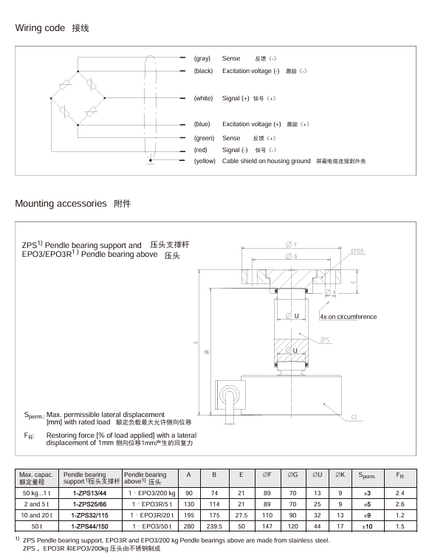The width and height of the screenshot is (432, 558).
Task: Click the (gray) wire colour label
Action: tap(202, 58)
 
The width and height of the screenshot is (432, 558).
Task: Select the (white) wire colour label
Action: tap(203, 98)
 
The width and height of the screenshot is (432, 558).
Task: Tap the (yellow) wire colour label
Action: tap(205, 161)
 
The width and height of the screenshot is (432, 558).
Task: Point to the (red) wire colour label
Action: tap(200, 150)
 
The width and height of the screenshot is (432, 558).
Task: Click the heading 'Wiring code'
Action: tap(40, 28)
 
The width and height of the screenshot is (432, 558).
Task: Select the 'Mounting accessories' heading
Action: tap(61, 204)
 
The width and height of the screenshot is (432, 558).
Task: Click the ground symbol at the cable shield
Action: tap(151, 161)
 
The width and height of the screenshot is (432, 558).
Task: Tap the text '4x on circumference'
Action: tap(348, 317)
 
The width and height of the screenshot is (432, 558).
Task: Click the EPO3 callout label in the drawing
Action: tap(357, 251)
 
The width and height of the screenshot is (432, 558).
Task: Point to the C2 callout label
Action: tap(354, 417)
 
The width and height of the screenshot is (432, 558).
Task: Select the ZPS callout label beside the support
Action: tap(325, 340)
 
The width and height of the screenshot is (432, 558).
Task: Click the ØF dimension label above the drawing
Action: tap(292, 244)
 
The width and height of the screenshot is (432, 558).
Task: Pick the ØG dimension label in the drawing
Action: tap(292, 256)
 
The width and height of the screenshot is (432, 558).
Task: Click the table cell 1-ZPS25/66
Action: tap(90, 504)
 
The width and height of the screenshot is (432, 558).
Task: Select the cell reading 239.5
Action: tap(214, 526)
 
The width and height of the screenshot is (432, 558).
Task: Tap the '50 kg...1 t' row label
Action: tap(36, 493)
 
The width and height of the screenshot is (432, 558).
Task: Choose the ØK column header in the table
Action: tap(340, 475)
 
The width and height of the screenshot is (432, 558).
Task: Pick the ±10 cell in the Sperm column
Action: tap(367, 526)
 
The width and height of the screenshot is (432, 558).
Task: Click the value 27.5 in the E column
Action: tap(241, 515)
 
